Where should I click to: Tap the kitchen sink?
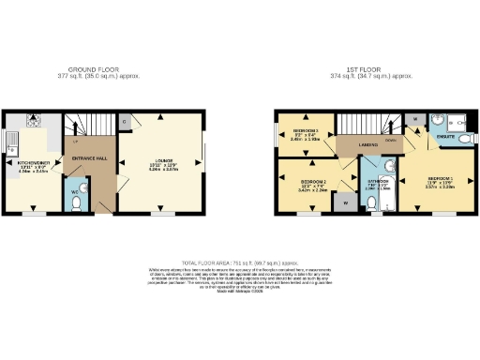pos(11,142)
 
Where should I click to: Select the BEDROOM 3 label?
pos(307,131)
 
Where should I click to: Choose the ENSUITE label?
pos(446,138)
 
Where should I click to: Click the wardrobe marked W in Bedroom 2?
pos(345,201)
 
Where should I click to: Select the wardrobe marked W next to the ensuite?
pos(413,119)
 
